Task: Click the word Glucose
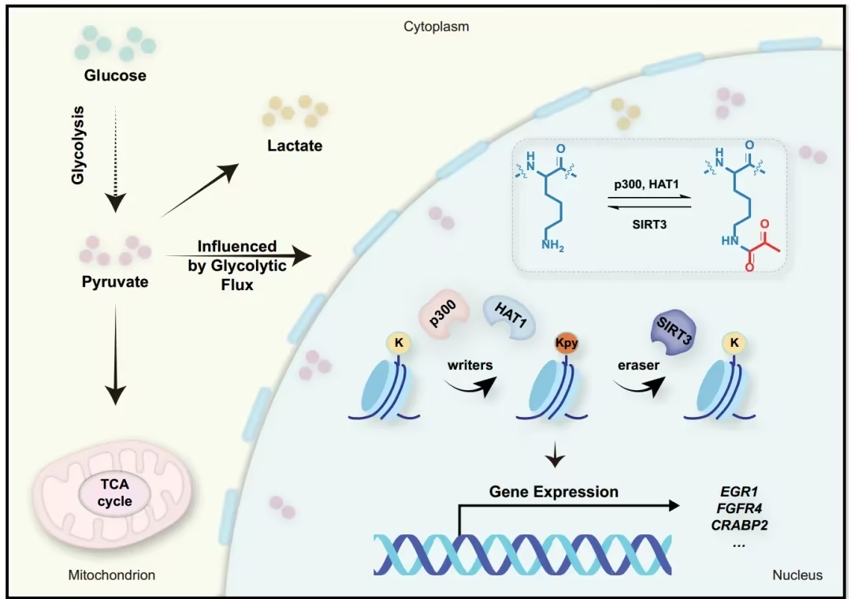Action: coord(115,75)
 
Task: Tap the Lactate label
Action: coord(295,146)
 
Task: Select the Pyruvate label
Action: coord(115,282)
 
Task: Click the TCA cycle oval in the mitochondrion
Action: coord(115,493)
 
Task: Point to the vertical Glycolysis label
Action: coord(78,145)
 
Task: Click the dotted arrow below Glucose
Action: coord(115,158)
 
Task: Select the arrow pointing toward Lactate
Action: coord(199,190)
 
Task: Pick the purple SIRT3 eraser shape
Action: coord(674,332)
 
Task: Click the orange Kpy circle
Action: coord(566,343)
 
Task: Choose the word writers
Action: coord(470,365)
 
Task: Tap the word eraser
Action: coord(638,365)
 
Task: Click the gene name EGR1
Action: coord(738,492)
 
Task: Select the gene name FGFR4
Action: coord(739,508)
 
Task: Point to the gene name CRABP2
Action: coord(739,525)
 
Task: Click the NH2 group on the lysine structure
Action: coord(552,245)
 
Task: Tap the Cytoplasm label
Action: coord(437,27)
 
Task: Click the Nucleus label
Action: coord(797,575)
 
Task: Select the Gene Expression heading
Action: coord(554,492)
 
